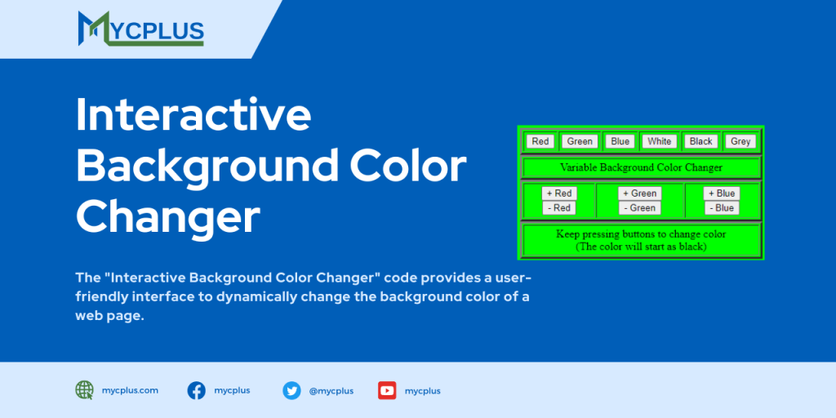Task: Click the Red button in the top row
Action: pyautogui.click(x=540, y=141)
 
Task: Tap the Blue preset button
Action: pyautogui.click(x=620, y=141)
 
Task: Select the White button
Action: pyautogui.click(x=659, y=141)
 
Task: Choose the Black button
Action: pyautogui.click(x=700, y=141)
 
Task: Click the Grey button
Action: pyautogui.click(x=740, y=141)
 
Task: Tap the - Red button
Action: pyautogui.click(x=559, y=208)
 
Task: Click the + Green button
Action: pyautogui.click(x=640, y=193)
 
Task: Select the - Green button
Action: pyautogui.click(x=639, y=208)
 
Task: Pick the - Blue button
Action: pyautogui.click(x=722, y=208)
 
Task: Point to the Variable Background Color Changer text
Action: pyautogui.click(x=641, y=167)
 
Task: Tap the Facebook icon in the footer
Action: pyautogui.click(x=197, y=390)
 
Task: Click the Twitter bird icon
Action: pyautogui.click(x=291, y=390)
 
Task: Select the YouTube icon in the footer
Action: pyautogui.click(x=387, y=390)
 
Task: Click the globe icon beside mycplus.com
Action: pyautogui.click(x=85, y=390)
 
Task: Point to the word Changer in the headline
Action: pyautogui.click(x=168, y=216)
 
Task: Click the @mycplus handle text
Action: pyautogui.click(x=331, y=391)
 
